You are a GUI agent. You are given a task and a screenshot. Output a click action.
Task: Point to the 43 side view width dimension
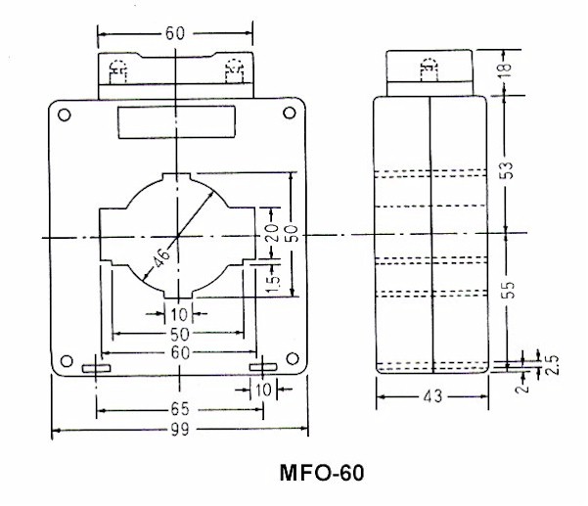point(431,398)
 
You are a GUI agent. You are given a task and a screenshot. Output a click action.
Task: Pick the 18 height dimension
point(506,69)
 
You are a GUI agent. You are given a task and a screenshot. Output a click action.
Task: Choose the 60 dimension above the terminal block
point(175,32)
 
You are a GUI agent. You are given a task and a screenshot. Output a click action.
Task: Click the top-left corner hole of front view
point(64,115)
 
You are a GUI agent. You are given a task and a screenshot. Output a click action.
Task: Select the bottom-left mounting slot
point(95,369)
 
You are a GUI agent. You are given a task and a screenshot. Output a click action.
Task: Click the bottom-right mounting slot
point(263,368)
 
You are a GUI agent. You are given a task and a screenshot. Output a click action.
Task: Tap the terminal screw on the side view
point(428,69)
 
